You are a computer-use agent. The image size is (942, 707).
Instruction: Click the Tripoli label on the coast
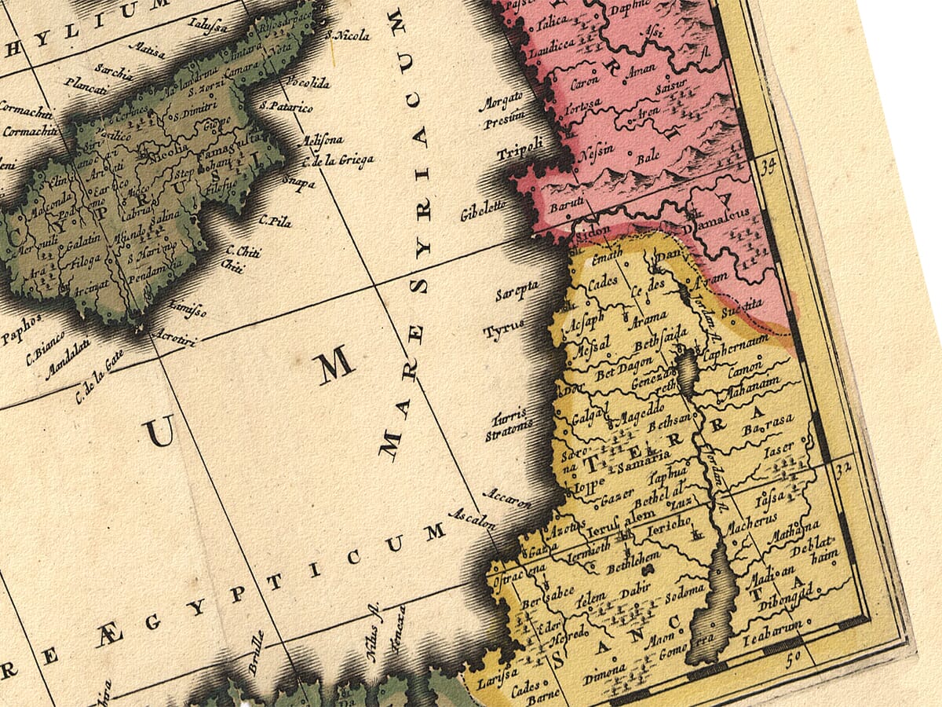coord(520,148)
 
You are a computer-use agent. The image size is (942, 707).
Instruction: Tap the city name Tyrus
coord(503,332)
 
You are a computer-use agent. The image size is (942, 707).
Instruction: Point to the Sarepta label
coord(517,291)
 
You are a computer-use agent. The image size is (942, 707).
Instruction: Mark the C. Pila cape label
coord(275,222)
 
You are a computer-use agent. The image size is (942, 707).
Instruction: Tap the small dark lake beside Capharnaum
coord(686,374)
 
